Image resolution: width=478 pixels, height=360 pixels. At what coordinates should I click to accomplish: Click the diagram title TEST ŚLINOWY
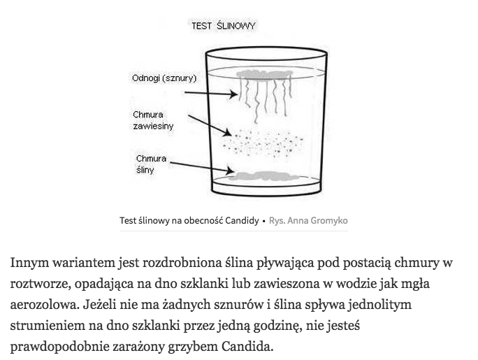223,26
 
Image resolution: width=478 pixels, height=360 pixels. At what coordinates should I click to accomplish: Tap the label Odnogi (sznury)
164,78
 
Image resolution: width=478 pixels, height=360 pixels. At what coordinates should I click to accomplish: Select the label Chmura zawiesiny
153,120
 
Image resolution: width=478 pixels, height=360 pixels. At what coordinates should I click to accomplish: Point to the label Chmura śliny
151,164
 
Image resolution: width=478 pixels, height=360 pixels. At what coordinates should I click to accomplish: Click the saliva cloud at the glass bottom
266,174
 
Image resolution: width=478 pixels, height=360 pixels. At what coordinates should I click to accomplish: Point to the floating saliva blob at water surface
266,74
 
